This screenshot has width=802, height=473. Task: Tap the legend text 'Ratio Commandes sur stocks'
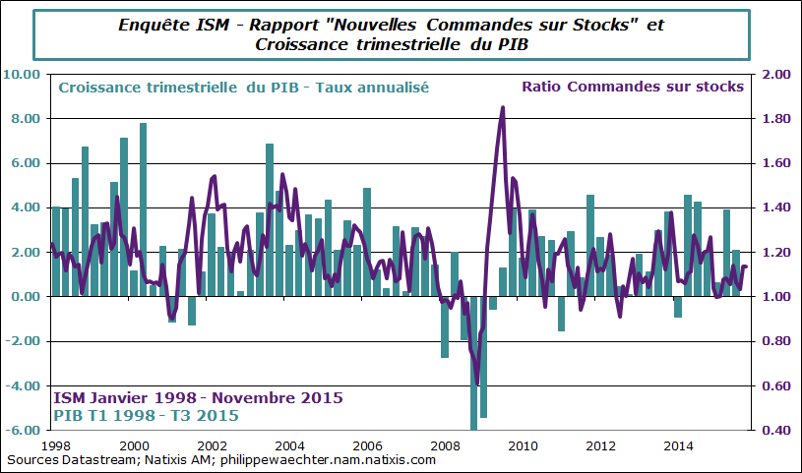(x=633, y=87)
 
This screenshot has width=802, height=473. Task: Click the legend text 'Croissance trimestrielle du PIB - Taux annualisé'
(x=243, y=88)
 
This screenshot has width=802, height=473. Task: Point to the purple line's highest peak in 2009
(x=503, y=108)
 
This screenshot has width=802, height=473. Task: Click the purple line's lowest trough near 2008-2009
(x=477, y=383)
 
